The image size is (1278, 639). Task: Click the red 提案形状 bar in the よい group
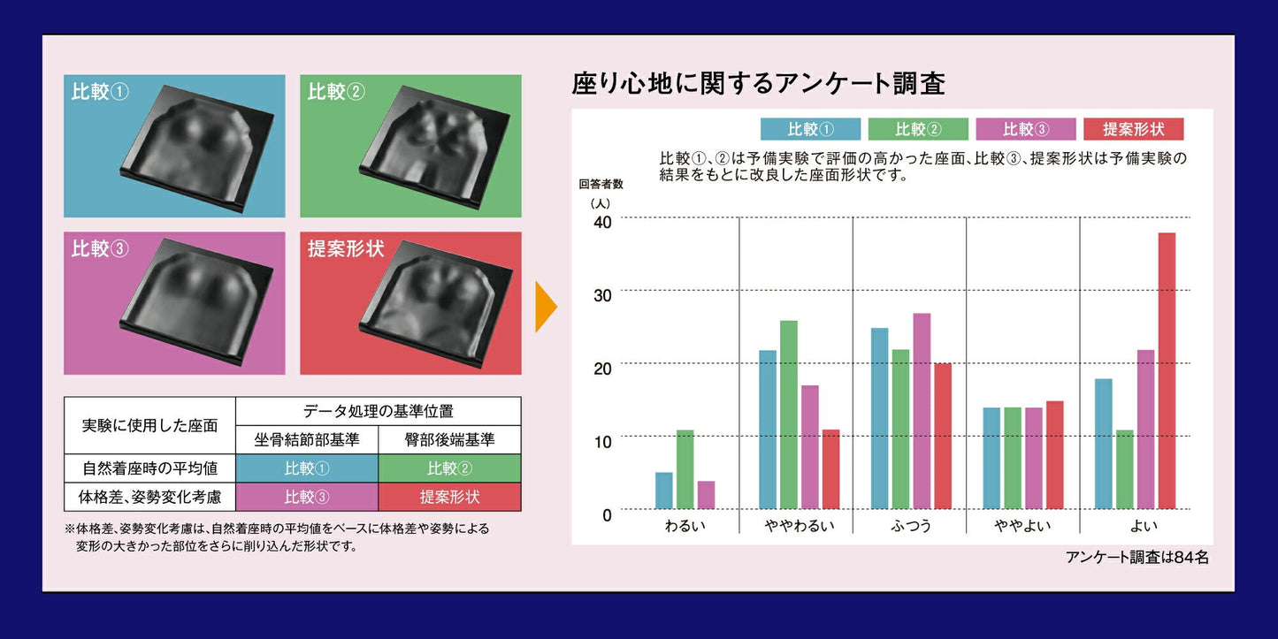pos(1167,370)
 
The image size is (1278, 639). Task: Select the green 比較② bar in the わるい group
pos(685,469)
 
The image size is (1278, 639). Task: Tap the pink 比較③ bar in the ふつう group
pos(922,411)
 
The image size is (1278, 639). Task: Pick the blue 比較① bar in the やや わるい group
pos(768,430)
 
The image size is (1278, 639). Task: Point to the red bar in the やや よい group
pos(1055,455)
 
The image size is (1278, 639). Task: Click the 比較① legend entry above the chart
pos(810,129)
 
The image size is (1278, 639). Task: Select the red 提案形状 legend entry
pos(1133,129)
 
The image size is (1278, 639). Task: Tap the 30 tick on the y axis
pos(602,295)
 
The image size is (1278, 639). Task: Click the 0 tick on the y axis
pos(607,514)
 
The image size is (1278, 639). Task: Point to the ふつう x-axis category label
pos(911,525)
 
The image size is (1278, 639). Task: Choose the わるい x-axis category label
pos(685,525)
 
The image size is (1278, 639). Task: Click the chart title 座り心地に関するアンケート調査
pos(758,83)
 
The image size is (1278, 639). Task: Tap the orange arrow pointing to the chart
pos(545,307)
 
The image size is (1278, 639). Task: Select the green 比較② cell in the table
pos(449,468)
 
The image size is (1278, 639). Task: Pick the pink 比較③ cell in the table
pos(307,497)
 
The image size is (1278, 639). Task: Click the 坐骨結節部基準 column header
pos(307,439)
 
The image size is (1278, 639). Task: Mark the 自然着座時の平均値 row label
pos(150,468)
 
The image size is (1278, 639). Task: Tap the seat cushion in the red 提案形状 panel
pos(435,303)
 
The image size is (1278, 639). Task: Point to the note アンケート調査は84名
pos(1136,557)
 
